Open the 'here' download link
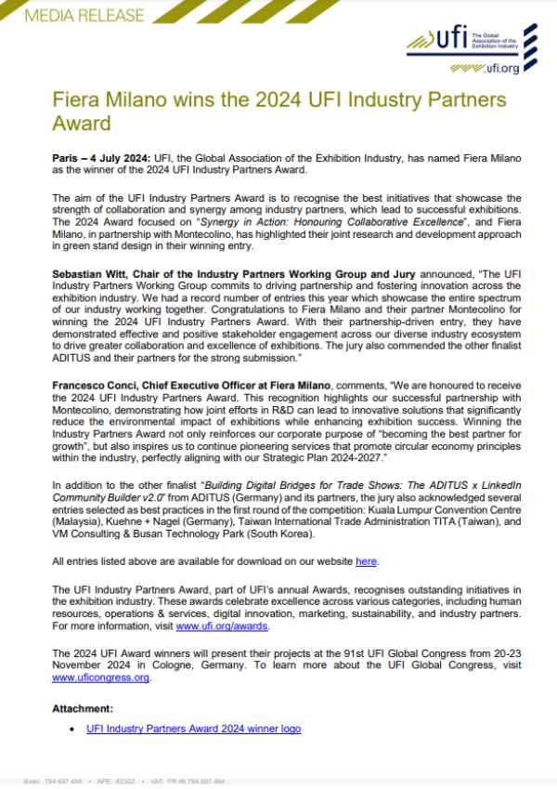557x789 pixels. (367, 562)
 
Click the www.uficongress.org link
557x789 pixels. (101, 677)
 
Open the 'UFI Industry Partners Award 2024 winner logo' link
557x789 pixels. (193, 729)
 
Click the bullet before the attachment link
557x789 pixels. (72, 730)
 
